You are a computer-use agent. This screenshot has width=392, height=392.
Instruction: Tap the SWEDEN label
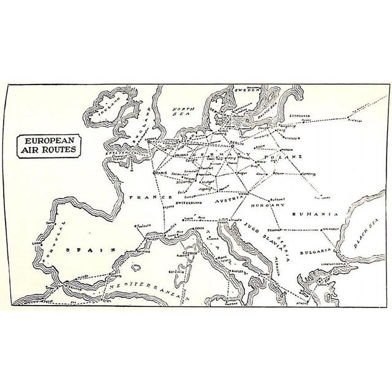240,90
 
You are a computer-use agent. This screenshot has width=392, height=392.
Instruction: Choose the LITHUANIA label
304,115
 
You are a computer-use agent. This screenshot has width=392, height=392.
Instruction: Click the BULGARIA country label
315,251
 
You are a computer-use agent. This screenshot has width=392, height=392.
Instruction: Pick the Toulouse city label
146,226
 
